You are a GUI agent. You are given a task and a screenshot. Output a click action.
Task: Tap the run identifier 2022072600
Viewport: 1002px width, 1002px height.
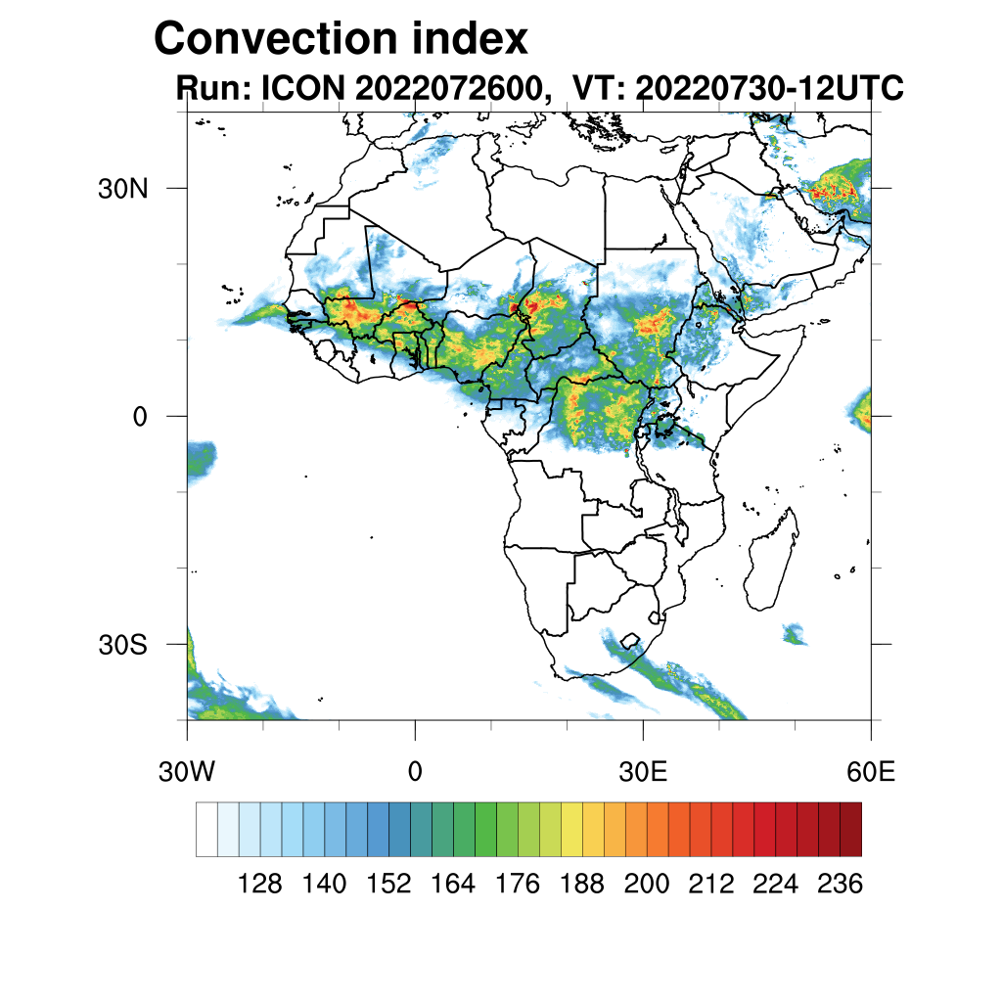click(x=449, y=89)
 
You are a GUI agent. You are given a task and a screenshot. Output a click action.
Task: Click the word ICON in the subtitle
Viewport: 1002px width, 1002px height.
click(x=299, y=89)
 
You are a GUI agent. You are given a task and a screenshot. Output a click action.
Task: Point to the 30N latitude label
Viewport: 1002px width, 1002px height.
click(x=122, y=189)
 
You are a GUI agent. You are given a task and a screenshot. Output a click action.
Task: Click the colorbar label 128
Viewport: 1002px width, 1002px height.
click(x=260, y=885)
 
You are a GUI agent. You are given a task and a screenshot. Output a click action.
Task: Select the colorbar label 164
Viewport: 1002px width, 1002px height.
click(x=453, y=885)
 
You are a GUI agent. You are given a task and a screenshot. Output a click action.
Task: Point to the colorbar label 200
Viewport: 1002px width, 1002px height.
click(x=646, y=885)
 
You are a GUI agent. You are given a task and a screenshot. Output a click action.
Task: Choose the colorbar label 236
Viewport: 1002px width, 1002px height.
click(x=839, y=885)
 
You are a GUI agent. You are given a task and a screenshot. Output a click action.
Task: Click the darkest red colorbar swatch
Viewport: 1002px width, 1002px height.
click(x=850, y=829)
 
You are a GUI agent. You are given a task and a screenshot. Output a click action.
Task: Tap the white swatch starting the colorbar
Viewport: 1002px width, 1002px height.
click(x=206, y=829)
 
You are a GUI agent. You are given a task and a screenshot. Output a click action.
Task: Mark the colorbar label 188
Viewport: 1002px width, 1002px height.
click(x=581, y=885)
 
